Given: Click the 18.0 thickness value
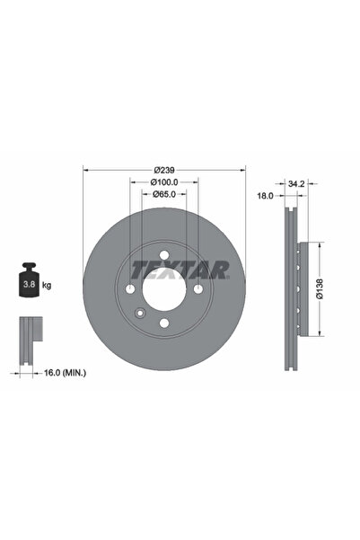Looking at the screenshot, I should (x=266, y=194).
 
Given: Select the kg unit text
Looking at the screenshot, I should (x=47, y=285).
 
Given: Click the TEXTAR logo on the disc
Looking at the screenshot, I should (x=180, y=269).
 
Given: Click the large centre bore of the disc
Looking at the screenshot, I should (x=163, y=288).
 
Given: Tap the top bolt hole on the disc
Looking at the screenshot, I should (x=163, y=254).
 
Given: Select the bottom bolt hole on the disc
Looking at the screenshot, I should (x=163, y=323).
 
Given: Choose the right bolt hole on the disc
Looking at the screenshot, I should (x=198, y=288).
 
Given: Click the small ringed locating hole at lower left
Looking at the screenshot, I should (x=139, y=314).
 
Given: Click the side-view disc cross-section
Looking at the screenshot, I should (x=293, y=288).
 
